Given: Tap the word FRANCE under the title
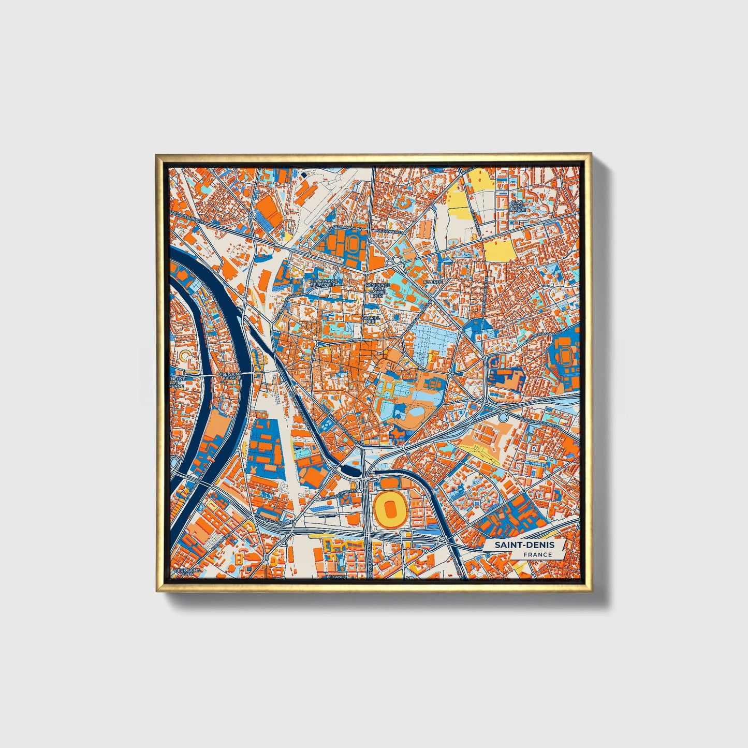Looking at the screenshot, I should click(537, 555).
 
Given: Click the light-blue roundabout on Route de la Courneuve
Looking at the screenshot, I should click(503, 417).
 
